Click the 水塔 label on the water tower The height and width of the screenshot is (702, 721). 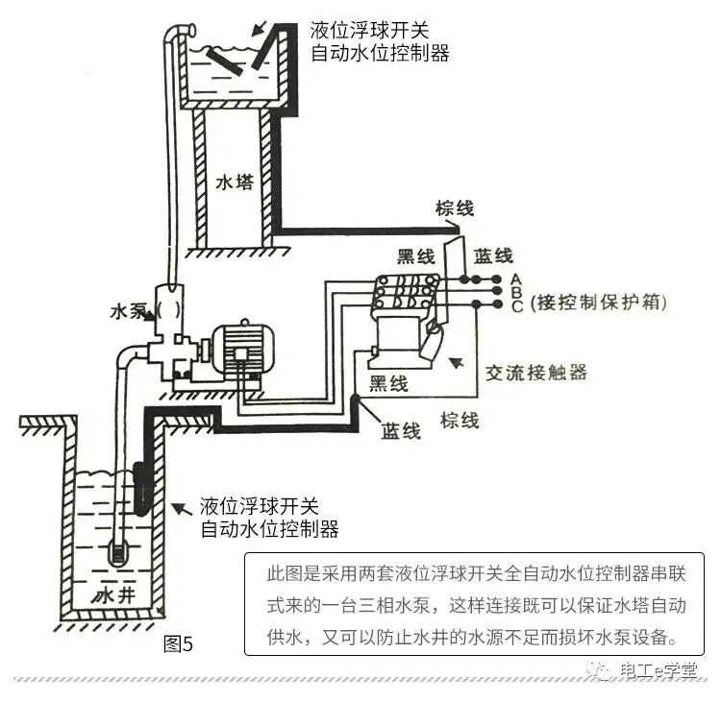tap(235, 182)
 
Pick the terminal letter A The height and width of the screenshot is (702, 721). tap(516, 278)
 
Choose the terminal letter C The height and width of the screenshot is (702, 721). tap(516, 306)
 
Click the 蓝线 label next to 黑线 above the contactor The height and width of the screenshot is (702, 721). tap(493, 256)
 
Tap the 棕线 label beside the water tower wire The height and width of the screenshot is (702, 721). tap(455, 208)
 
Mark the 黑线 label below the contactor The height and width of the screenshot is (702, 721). tap(388, 384)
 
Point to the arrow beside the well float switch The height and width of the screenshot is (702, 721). tap(179, 506)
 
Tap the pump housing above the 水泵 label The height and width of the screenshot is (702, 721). tap(172, 308)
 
